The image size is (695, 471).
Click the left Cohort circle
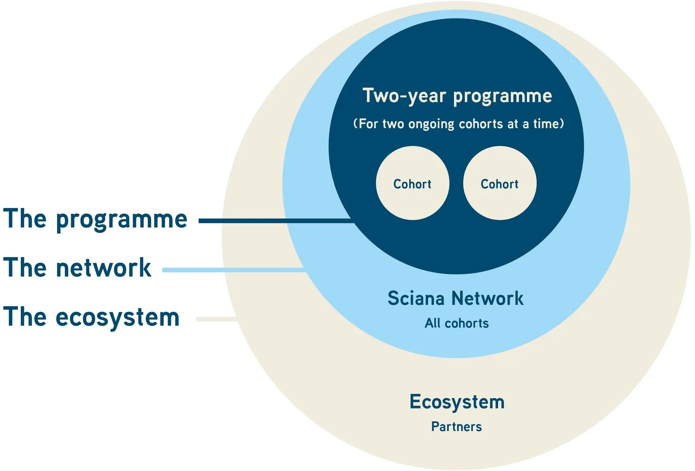click(412, 183)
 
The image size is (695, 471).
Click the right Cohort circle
click(500, 183)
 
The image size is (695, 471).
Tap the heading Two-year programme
click(457, 96)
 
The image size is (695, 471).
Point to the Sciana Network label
click(456, 298)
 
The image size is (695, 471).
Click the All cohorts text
click(457, 323)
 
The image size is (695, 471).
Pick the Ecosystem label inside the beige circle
click(457, 402)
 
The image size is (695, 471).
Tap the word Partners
click(457, 427)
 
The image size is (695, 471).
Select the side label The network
click(77, 267)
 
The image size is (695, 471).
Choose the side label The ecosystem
click(92, 317)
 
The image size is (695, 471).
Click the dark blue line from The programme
click(276, 221)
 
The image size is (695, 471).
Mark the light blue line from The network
click(235, 270)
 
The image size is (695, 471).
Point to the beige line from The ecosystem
click(217, 319)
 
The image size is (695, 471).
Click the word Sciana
click(416, 298)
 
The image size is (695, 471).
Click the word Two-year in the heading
click(404, 96)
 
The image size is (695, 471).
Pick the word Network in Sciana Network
click(487, 298)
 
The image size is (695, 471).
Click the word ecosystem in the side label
click(118, 318)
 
